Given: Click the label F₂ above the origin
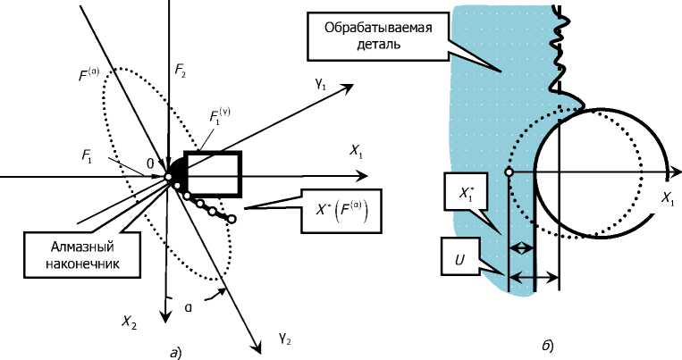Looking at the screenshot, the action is pos(181,71).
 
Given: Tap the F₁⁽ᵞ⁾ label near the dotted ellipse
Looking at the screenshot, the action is pos(220,115).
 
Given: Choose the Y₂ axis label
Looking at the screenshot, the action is pos(284,338).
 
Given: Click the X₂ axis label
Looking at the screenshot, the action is pos(130,322).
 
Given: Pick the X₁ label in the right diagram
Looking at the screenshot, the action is pos(668,198).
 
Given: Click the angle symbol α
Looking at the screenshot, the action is pos(189,307).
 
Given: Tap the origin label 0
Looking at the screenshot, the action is pos(150,164).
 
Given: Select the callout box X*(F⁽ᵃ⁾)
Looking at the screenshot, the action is pos(341,211).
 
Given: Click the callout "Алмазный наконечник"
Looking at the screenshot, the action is pos(81,255).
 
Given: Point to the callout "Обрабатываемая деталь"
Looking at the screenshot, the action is pos(378,37).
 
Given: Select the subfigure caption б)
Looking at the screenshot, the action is pos(548,346).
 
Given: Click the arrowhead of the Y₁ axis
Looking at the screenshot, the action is pos(347,87).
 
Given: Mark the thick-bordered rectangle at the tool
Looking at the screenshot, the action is pos(213,174).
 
